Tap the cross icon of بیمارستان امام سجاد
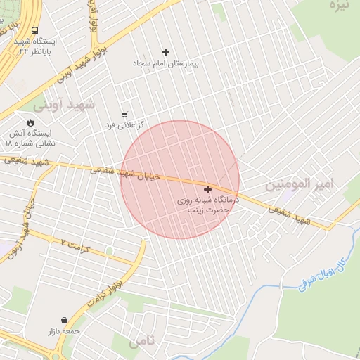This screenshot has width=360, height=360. pyautogui.click(x=166, y=52)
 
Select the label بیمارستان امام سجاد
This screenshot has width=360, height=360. pyautogui.click(x=166, y=63)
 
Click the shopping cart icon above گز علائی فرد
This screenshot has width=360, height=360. pyautogui.click(x=124, y=113)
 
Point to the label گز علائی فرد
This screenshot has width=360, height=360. pyautogui.click(x=124, y=124)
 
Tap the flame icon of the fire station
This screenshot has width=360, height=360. pyautogui.click(x=30, y=122)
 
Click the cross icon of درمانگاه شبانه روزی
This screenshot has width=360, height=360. pyautogui.click(x=207, y=189)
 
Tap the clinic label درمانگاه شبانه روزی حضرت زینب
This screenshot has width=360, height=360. pyautogui.click(x=208, y=205)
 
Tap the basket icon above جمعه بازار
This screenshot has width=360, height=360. pyautogui.click(x=65, y=320)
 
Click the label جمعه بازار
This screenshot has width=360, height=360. pyautogui.click(x=65, y=331)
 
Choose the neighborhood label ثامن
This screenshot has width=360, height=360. pyautogui.click(x=142, y=342)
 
